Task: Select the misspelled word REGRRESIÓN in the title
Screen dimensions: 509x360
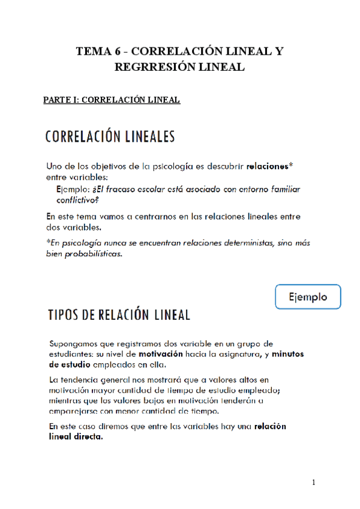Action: click(152, 67)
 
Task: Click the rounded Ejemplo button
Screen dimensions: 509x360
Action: click(308, 297)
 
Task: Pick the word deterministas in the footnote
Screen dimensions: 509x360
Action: click(236, 242)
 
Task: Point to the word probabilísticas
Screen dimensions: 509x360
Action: click(94, 254)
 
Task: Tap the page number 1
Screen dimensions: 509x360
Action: click(313, 483)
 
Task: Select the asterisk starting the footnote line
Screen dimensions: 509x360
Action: click(48, 242)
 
